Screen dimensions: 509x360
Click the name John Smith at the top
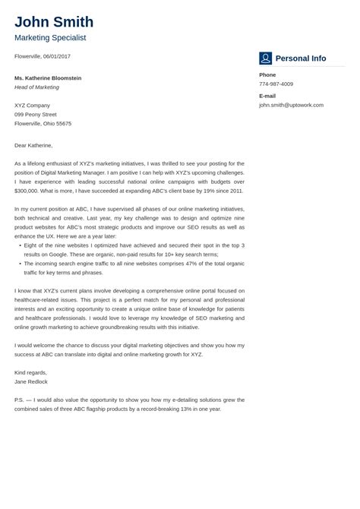coord(54,22)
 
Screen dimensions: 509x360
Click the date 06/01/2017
coord(58,56)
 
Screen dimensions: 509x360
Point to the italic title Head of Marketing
coord(36,87)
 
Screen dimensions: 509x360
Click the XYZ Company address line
coord(32,105)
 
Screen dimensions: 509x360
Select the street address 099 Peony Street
coord(36,114)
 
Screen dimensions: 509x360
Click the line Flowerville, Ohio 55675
coord(43,123)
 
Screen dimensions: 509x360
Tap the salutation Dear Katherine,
coord(33,144)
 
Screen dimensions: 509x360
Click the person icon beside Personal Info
coord(265,58)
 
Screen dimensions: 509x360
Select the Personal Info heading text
coord(301,58)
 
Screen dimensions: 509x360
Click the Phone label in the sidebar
coord(267,74)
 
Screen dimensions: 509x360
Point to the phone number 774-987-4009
coord(276,84)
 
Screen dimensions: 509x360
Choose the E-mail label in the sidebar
coord(267,96)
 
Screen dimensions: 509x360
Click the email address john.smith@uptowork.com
coord(291,105)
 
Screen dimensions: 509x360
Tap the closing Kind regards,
coord(30,372)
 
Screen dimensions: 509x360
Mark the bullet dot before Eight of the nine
coord(19,245)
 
